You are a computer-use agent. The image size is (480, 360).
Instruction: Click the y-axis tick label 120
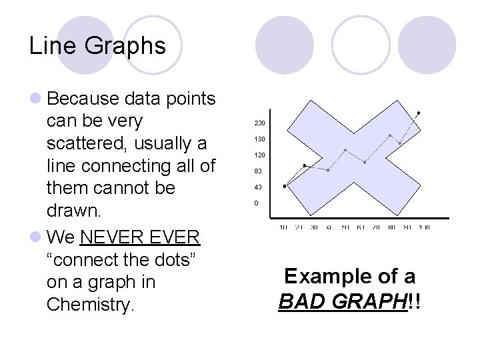coord(259,155)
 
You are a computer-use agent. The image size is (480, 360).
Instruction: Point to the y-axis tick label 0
coord(256,203)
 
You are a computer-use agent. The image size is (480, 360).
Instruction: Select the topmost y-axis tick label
coord(259,123)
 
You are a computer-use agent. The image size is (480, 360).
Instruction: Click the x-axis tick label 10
coord(283,227)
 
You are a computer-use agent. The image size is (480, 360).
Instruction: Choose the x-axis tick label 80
coord(393,227)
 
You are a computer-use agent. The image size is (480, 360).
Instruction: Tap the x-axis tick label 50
coord(345,227)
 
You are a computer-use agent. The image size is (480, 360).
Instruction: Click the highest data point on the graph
coord(419,112)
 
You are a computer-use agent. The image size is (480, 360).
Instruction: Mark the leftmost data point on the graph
coord(285,186)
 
